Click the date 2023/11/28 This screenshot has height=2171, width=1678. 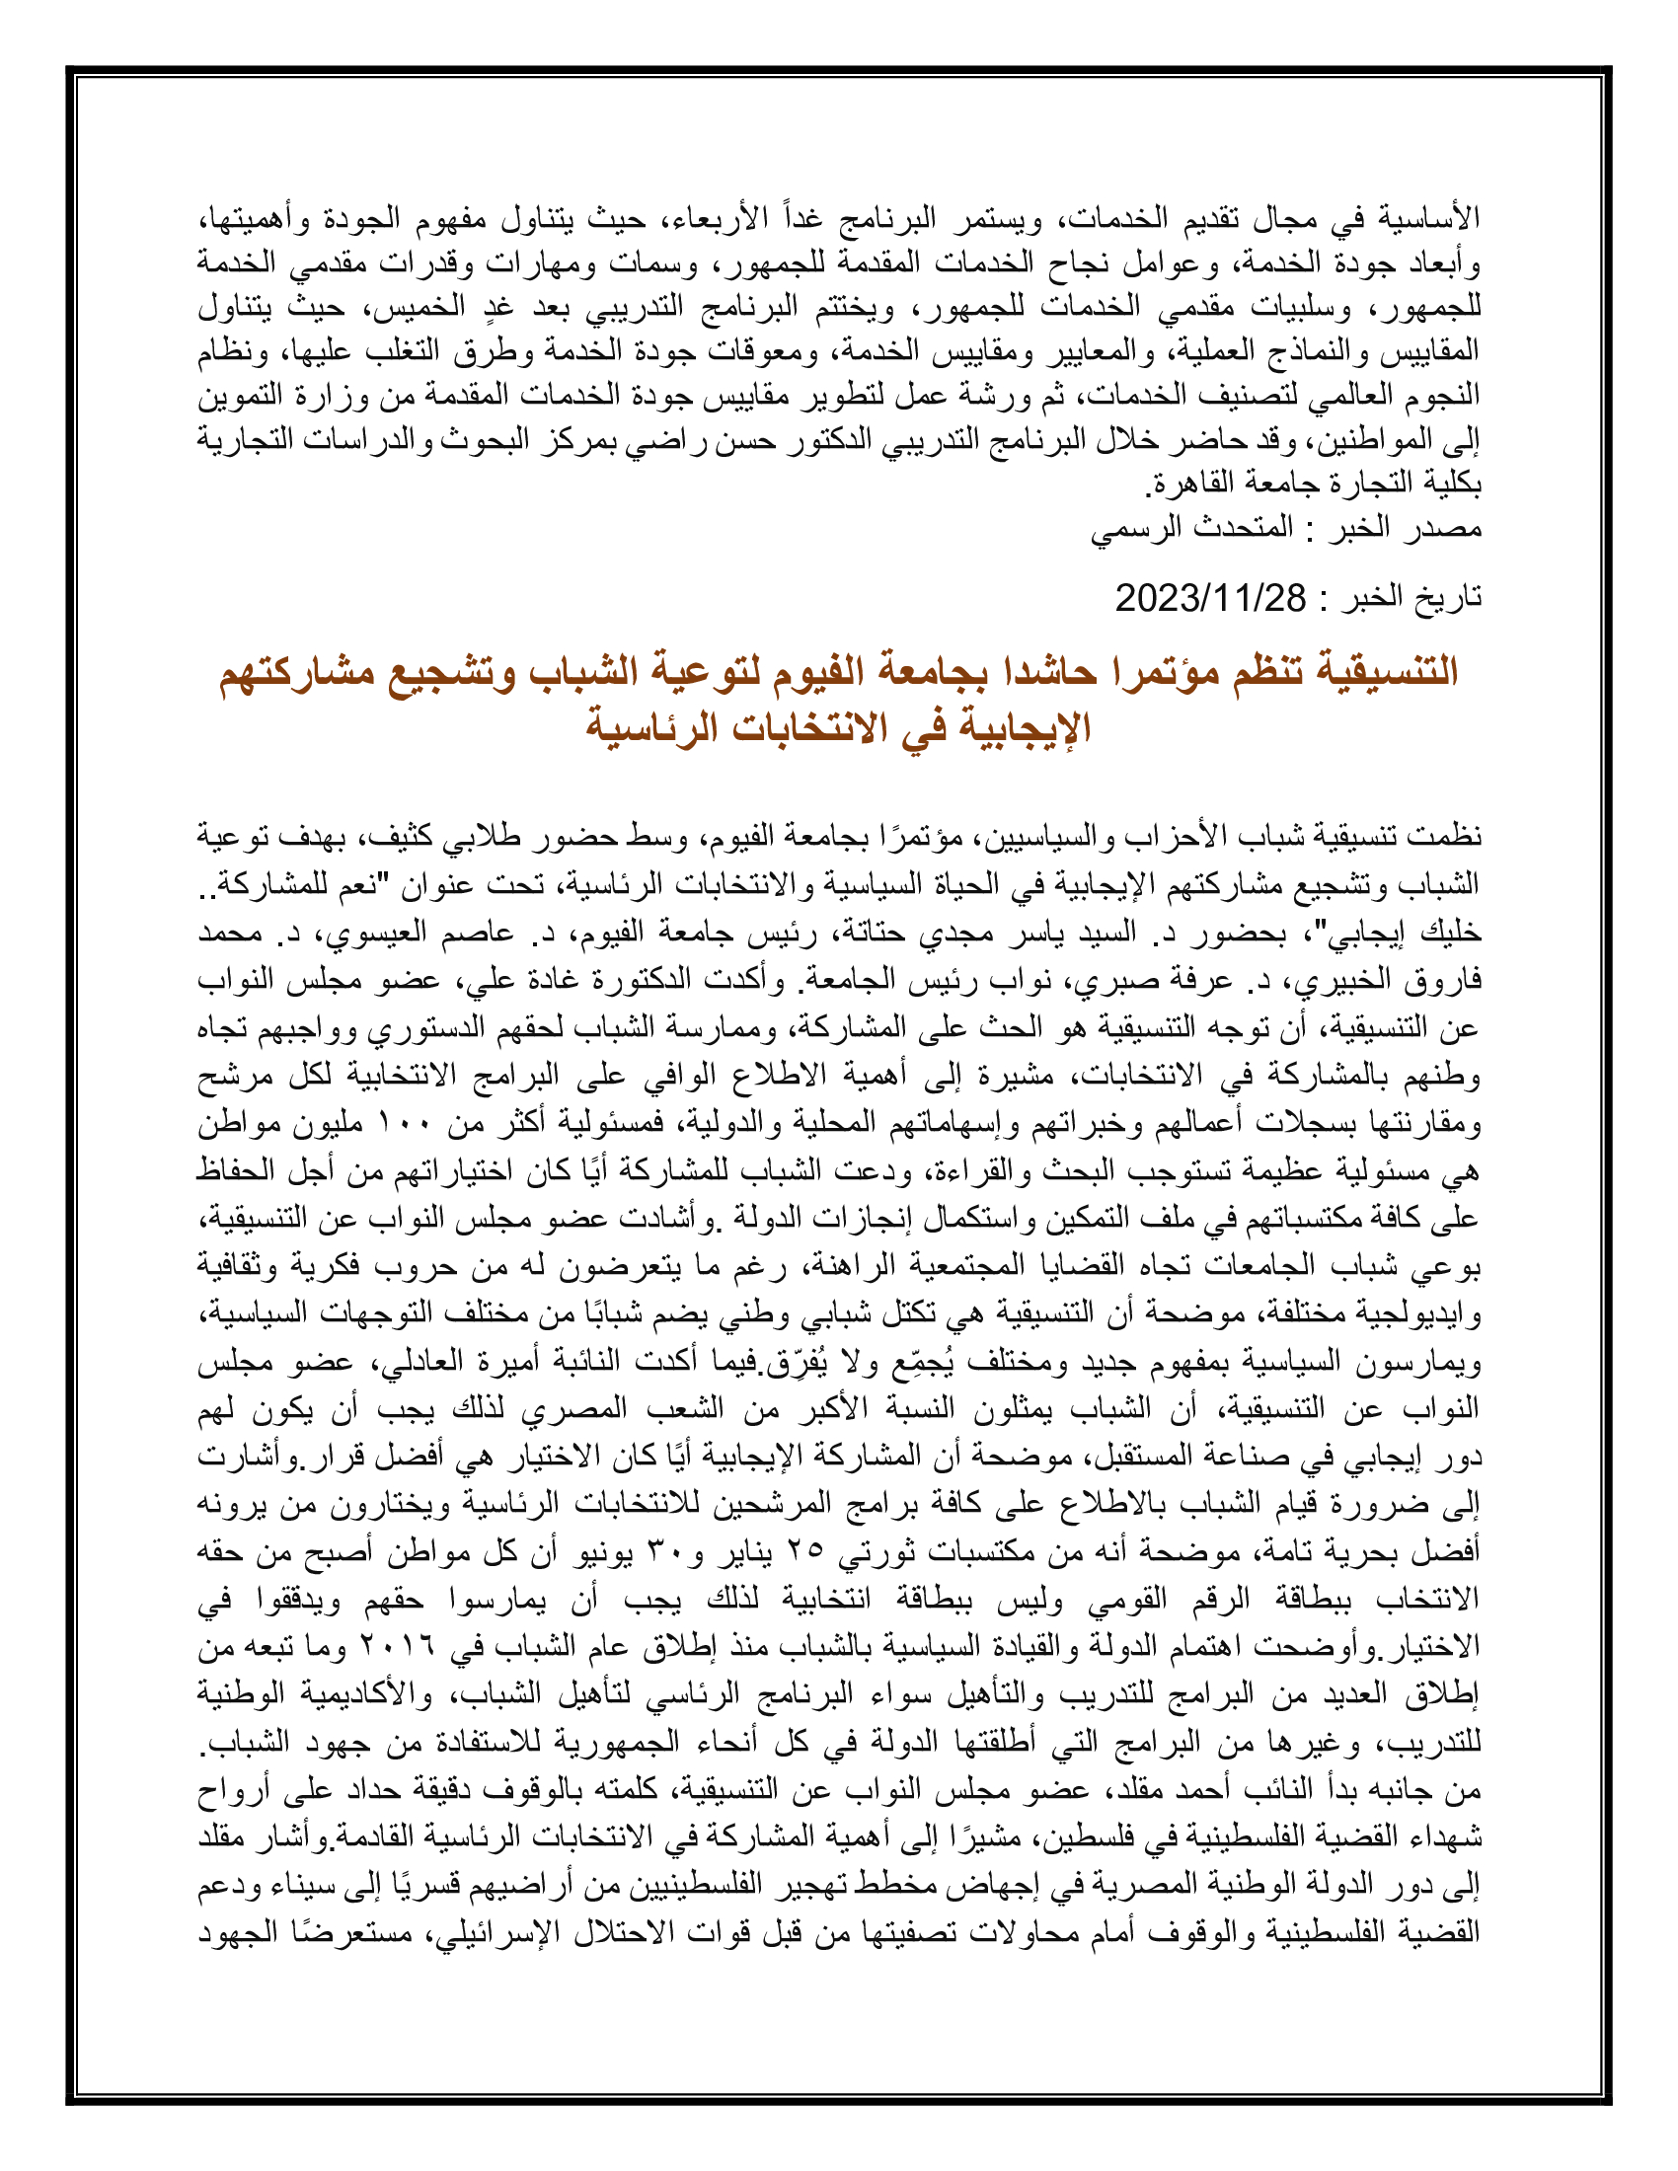[1210, 598]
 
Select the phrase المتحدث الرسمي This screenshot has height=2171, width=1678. [1192, 528]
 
